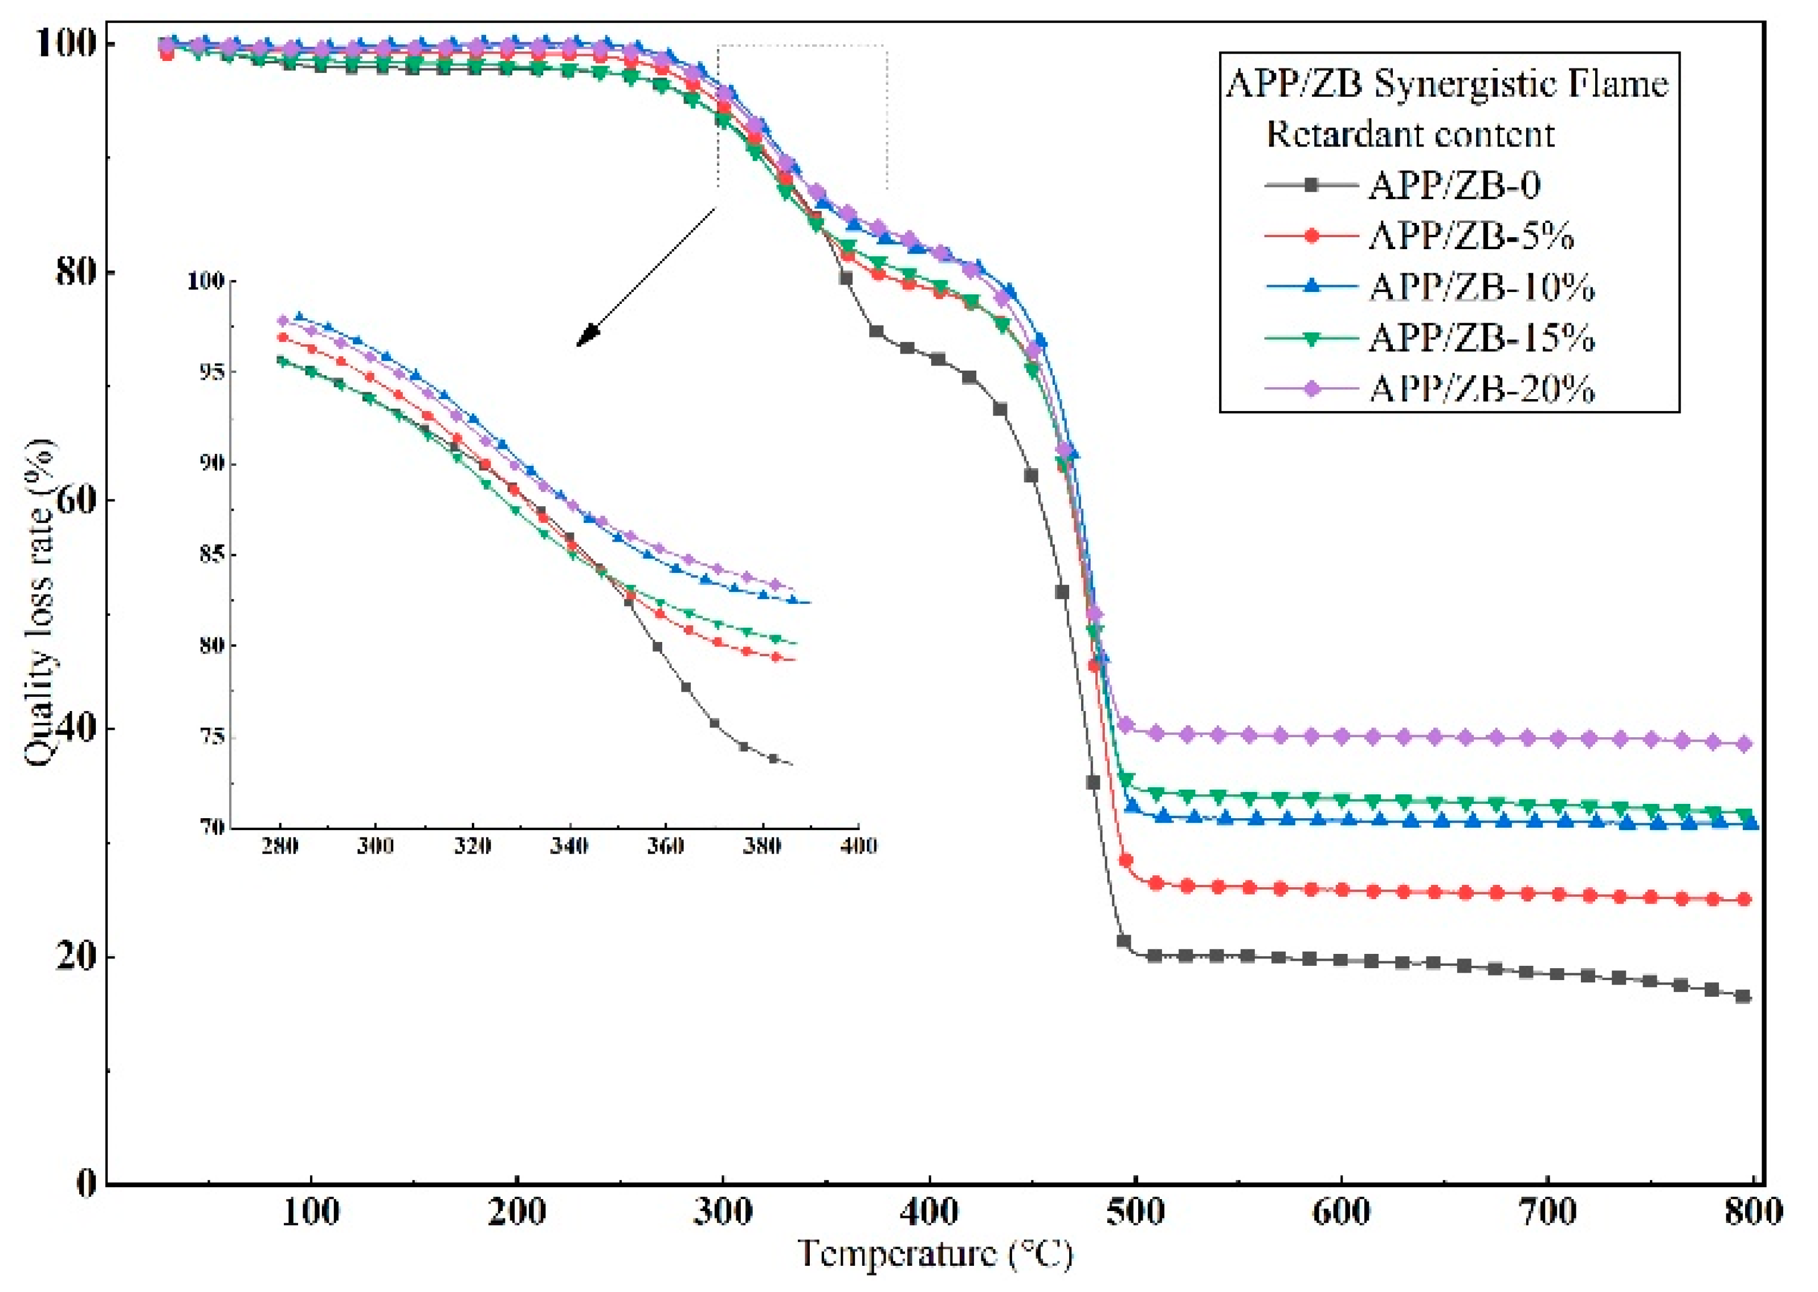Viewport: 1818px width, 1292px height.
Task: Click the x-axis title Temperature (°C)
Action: pyautogui.click(x=935, y=1254)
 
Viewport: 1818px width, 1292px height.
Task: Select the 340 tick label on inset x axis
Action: pyautogui.click(x=569, y=846)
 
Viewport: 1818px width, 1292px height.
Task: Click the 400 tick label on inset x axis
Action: pyautogui.click(x=859, y=846)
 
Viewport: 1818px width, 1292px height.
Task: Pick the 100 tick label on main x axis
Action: pyautogui.click(x=311, y=1211)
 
